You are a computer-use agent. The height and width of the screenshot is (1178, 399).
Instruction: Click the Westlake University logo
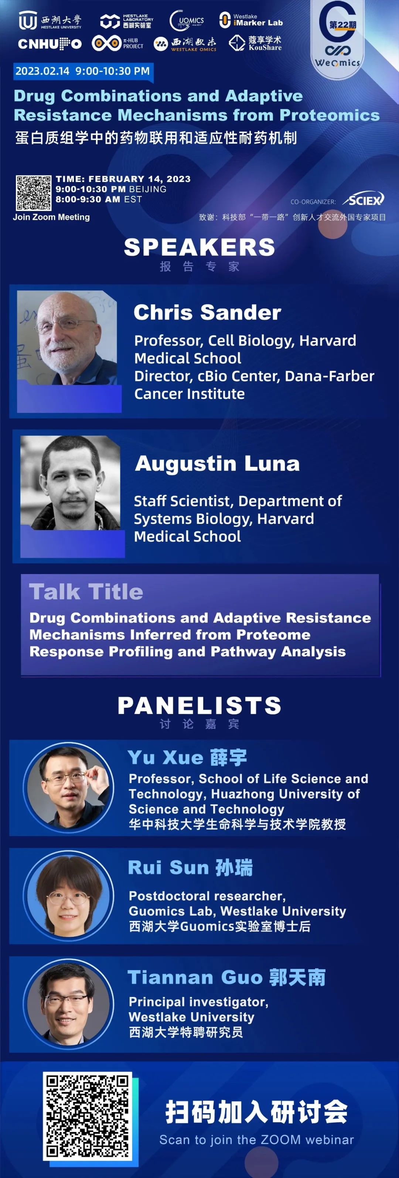[50, 21]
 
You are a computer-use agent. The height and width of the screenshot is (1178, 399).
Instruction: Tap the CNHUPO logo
[50, 44]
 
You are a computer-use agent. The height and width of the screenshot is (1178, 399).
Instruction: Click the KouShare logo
[255, 43]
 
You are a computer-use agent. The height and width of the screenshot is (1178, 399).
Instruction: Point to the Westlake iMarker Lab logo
[251, 20]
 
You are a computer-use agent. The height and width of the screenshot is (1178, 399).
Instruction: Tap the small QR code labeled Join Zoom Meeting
[33, 192]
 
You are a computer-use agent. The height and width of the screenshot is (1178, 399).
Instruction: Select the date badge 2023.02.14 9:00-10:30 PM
[82, 71]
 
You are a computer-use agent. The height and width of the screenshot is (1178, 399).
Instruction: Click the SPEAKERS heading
[199, 247]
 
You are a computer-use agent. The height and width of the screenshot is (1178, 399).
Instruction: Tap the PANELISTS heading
[199, 706]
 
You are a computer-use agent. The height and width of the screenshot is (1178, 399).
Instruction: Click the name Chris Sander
[207, 313]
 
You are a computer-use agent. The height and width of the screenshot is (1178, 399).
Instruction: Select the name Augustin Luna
[217, 464]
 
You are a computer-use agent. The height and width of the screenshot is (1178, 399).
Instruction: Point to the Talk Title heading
[86, 592]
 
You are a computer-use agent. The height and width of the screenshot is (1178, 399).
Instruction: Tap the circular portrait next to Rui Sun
[69, 895]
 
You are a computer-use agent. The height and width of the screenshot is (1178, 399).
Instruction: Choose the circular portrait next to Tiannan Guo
[69, 1003]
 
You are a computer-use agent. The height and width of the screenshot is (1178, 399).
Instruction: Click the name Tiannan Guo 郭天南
[226, 977]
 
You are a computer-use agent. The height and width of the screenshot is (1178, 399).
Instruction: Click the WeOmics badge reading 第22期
[338, 37]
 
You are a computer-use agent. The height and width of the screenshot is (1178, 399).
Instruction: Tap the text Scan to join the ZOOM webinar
[257, 1140]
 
